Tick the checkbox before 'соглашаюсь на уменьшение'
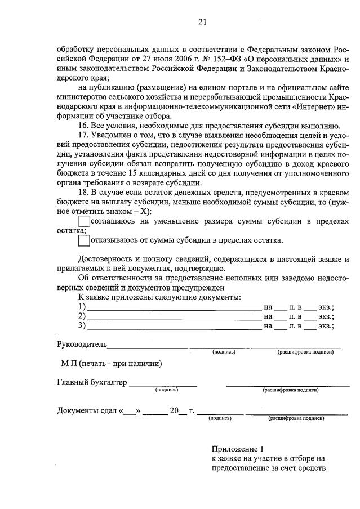[84, 222]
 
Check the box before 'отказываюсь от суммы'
[84, 240]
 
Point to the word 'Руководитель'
[82, 343]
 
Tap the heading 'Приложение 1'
[237, 449]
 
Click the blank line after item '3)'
[174, 326]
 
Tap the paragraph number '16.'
[85, 125]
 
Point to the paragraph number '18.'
[85, 192]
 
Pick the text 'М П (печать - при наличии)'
[112, 363]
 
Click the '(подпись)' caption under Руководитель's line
[224, 352]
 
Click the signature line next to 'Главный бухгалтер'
[163, 385]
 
